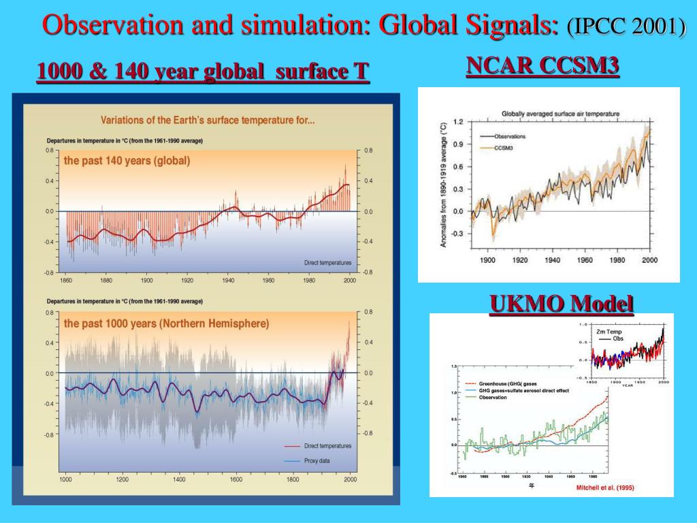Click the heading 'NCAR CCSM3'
click(542, 65)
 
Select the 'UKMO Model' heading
click(562, 303)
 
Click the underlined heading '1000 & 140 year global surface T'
click(203, 70)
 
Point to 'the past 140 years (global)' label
click(127, 161)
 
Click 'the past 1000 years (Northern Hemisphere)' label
click(166, 323)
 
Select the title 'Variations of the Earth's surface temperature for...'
click(208, 121)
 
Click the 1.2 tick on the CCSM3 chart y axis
click(457, 122)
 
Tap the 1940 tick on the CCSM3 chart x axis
click(552, 260)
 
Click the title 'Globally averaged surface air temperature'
click(560, 113)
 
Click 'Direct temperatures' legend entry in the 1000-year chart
click(327, 446)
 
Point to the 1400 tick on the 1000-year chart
click(179, 479)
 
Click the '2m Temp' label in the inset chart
click(609, 331)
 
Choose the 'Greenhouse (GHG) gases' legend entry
click(504, 384)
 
